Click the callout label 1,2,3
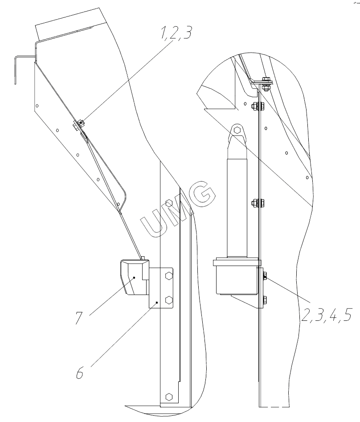[176, 33]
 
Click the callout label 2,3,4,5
[327, 315]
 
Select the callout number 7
[79, 317]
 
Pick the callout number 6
[80, 373]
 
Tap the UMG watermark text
[178, 208]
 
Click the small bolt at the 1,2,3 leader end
[81, 123]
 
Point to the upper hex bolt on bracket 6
[169, 276]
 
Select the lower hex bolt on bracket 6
[169, 299]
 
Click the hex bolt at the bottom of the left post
[169, 397]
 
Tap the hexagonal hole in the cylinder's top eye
[237, 130]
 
